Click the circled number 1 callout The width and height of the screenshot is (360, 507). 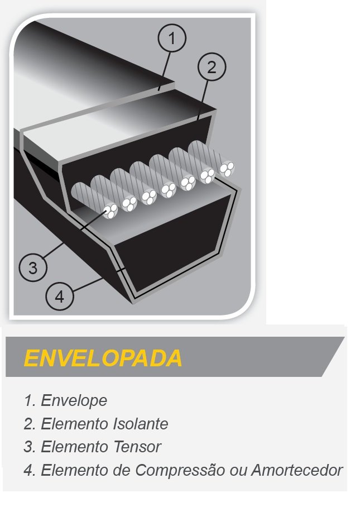click(172, 38)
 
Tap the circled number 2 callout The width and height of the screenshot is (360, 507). click(212, 67)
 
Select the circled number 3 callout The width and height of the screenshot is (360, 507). click(33, 267)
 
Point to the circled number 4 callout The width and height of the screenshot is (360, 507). click(60, 296)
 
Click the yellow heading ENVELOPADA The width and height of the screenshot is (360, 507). click(103, 358)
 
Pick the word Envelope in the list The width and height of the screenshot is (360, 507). click(74, 400)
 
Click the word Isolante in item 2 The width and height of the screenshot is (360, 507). click(140, 424)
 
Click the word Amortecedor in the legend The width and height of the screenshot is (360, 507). click(297, 470)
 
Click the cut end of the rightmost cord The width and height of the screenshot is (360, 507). click(227, 169)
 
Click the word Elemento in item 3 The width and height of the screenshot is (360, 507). click(73, 447)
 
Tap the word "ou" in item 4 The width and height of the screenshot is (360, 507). click(238, 471)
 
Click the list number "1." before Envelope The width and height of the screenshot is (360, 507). click(30, 400)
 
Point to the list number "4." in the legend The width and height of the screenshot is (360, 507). click(30, 470)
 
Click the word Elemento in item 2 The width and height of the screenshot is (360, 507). click(73, 424)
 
